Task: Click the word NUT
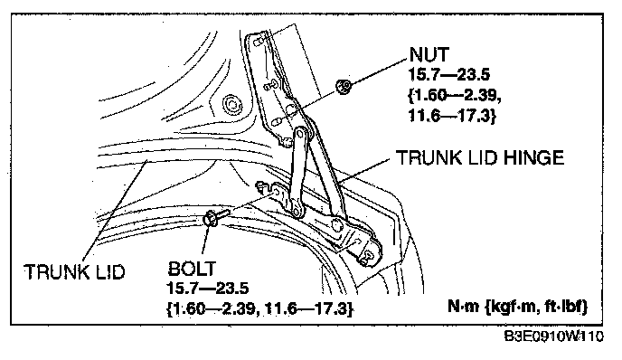[x=429, y=54]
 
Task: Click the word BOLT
[x=192, y=269]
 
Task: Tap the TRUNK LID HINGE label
[x=480, y=157]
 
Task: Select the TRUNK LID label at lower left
[x=74, y=272]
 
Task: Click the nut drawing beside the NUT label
[x=344, y=86]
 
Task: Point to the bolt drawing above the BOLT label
[x=214, y=217]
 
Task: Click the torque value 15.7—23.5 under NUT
[x=449, y=74]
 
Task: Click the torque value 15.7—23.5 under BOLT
[x=207, y=289]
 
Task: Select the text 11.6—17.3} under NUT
[x=452, y=116]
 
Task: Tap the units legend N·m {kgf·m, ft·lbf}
[x=518, y=306]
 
